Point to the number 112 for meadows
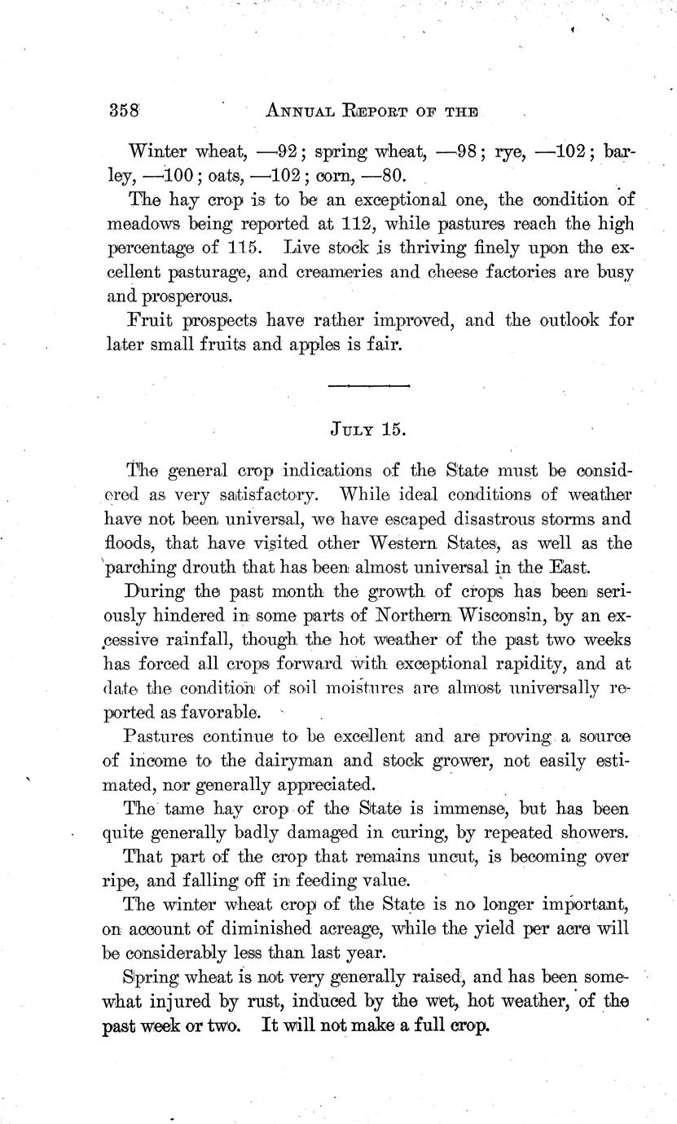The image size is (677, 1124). [336, 223]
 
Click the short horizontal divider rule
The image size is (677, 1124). [367, 385]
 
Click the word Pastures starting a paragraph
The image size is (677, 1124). [156, 737]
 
